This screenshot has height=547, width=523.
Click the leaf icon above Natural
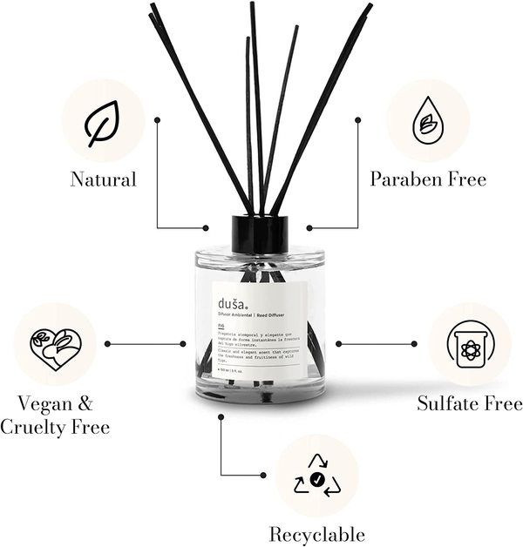103,123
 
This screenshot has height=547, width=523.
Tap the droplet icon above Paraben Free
427,121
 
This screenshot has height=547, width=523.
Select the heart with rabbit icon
55,346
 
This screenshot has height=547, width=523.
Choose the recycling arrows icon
316,477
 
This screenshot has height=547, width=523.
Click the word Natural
104,180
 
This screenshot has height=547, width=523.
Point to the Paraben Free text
428,179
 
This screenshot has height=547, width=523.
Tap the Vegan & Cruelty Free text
55,415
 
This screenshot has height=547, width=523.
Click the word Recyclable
316,534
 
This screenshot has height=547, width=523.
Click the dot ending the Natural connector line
206,228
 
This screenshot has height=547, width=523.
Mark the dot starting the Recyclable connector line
222,416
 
